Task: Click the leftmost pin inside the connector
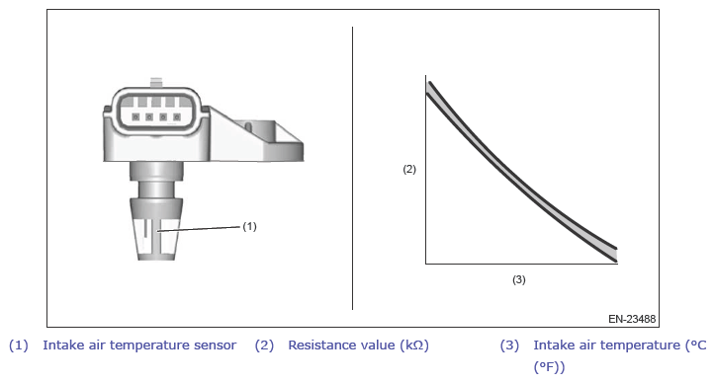pos(135,117)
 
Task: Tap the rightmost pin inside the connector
pos(176,117)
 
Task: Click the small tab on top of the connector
pos(156,83)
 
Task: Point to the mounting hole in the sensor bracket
pos(248,125)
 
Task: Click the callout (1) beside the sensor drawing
pos(249,226)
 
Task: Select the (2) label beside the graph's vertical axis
pos(409,169)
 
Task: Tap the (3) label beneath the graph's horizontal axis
pos(519,279)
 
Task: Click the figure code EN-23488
pos(632,319)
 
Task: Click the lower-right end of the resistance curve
pos(615,255)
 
